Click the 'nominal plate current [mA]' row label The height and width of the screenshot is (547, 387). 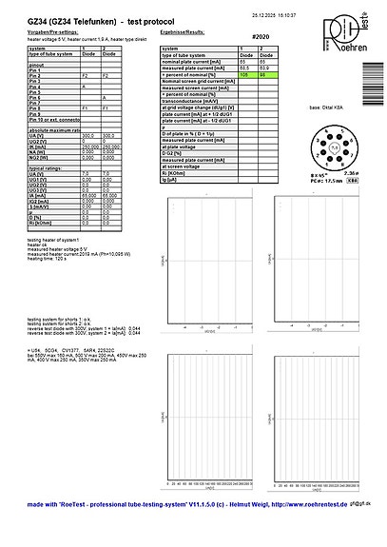190,62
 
